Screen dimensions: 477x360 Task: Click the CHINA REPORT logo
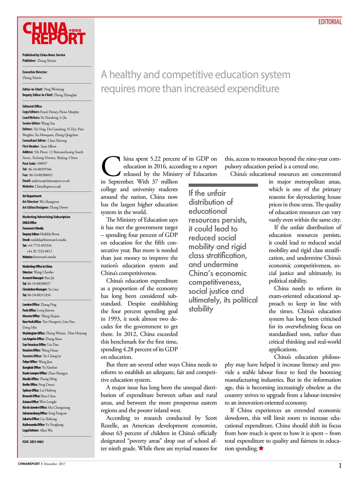(x=54, y=34)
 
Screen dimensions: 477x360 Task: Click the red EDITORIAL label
(x=330, y=22)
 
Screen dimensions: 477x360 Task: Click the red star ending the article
(x=261, y=448)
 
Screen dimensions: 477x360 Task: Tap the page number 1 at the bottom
(x=340, y=465)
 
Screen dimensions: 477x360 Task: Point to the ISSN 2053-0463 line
(x=33, y=442)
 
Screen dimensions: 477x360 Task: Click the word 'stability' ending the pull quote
(x=201, y=309)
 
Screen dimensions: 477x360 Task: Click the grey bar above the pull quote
(x=223, y=185)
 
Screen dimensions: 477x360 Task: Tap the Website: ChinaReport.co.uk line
(x=41, y=186)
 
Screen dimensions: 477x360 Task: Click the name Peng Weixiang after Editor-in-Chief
(x=54, y=89)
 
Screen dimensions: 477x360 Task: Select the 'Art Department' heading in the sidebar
(x=32, y=196)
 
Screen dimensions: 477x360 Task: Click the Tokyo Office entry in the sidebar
(x=37, y=361)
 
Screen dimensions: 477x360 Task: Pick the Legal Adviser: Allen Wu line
(x=37, y=430)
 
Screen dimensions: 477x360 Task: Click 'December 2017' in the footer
(x=54, y=464)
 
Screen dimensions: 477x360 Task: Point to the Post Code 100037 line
(x=35, y=163)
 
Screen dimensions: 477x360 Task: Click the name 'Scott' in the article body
(x=211, y=418)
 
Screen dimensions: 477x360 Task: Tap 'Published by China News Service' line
(x=44, y=55)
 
